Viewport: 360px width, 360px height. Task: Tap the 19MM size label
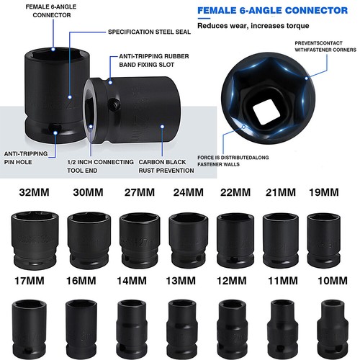[x=323, y=193]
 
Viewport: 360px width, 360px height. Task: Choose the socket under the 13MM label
[x=181, y=324]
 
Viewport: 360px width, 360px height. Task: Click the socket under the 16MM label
[x=81, y=324]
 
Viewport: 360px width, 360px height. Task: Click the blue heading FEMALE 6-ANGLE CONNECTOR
[x=276, y=11]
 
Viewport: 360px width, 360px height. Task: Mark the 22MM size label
[x=232, y=193]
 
